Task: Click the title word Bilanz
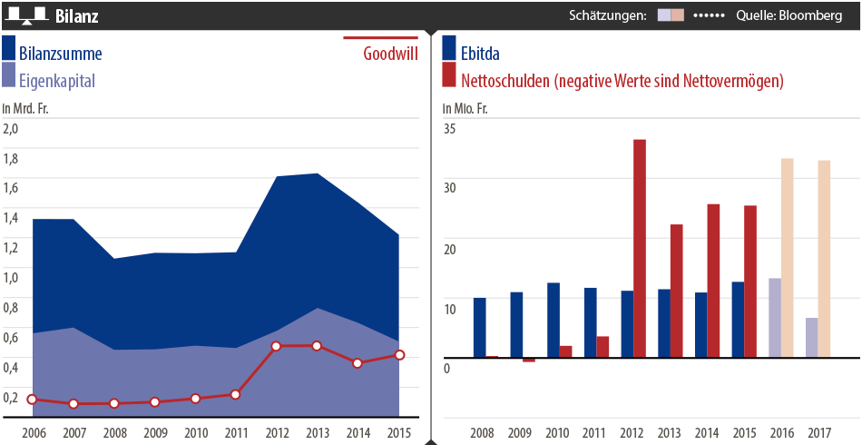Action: click(77, 16)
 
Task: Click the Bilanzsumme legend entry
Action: click(60, 54)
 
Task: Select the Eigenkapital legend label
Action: click(56, 81)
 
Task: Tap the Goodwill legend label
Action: click(390, 53)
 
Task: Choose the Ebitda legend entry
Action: click(480, 54)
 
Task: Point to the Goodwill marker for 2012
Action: click(276, 346)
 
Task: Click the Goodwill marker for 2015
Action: click(399, 355)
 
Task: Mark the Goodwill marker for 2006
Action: click(33, 400)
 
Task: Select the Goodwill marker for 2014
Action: click(358, 362)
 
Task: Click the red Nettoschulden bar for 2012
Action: click(640, 249)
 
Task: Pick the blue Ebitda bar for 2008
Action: click(480, 328)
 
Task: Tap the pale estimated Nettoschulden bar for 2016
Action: click(788, 258)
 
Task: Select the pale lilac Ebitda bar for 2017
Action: click(811, 338)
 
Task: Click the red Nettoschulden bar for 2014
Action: click(714, 281)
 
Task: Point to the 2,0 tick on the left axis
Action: click(11, 128)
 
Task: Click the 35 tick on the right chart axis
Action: click(449, 128)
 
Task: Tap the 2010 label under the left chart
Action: click(195, 432)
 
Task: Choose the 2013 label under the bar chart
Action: click(670, 432)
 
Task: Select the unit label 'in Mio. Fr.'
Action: click(465, 109)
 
